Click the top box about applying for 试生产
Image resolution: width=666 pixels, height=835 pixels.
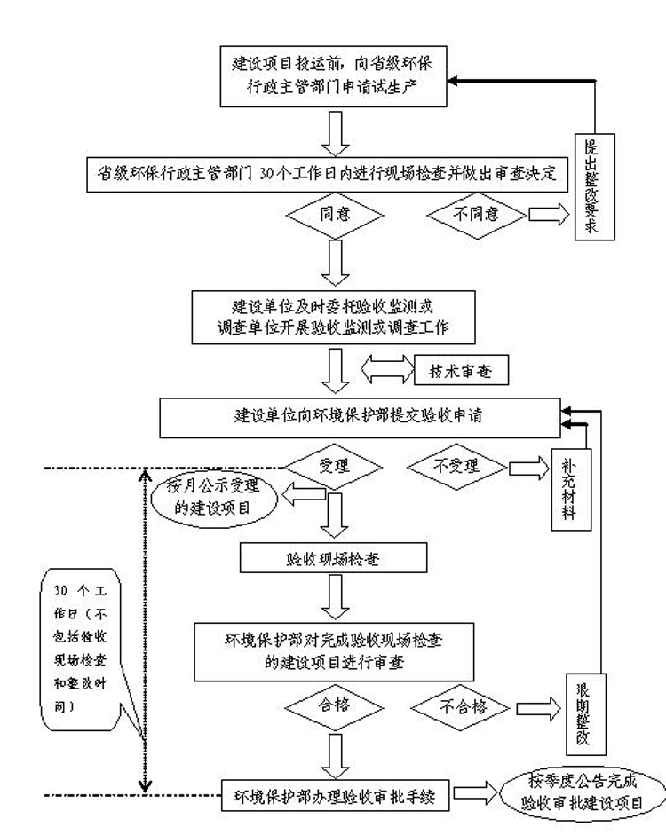tap(333, 75)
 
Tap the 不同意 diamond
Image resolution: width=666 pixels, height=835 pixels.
tap(478, 214)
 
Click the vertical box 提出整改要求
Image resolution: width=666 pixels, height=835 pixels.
tap(592, 187)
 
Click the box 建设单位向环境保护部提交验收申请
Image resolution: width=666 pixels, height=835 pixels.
tap(358, 415)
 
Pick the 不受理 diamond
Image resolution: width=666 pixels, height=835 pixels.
tap(457, 465)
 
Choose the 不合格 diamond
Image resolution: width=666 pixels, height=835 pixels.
tap(463, 706)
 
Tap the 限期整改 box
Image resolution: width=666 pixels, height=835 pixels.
tap(583, 713)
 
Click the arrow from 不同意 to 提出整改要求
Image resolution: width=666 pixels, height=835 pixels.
tap(547, 214)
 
